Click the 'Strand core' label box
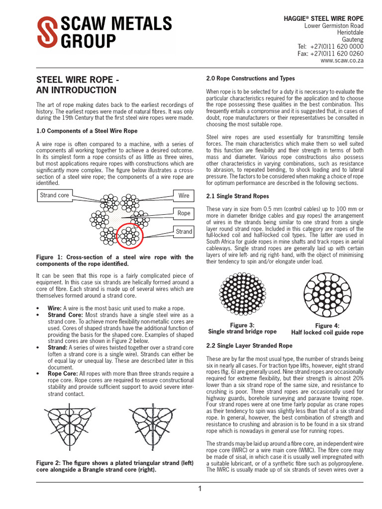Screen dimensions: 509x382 pos(55,195)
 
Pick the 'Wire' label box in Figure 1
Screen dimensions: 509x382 pos(184,195)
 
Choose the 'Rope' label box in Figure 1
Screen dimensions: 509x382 pos(184,213)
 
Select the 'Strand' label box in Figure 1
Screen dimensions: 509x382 pos(184,232)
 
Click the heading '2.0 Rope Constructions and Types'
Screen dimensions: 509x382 pos(250,79)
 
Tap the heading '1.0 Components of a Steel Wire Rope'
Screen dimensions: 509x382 pos(87,131)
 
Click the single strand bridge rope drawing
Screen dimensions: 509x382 pos(242,297)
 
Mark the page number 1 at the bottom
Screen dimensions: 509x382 pos(200,489)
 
